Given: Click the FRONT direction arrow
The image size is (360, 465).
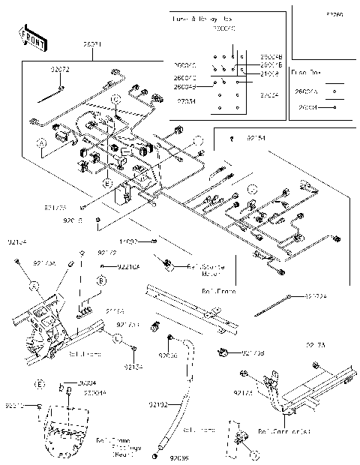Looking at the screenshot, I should click(x=29, y=36).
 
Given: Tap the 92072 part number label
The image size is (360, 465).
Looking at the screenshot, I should click(x=61, y=69).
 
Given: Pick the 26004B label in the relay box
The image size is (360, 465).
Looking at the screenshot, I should click(x=271, y=57).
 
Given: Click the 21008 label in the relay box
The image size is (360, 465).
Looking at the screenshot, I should click(x=270, y=74).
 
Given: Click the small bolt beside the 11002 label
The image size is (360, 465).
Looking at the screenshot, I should click(x=153, y=241).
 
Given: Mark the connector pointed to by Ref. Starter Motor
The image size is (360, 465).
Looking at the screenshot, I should click(x=169, y=264).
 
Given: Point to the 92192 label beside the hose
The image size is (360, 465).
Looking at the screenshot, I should click(x=157, y=405).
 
